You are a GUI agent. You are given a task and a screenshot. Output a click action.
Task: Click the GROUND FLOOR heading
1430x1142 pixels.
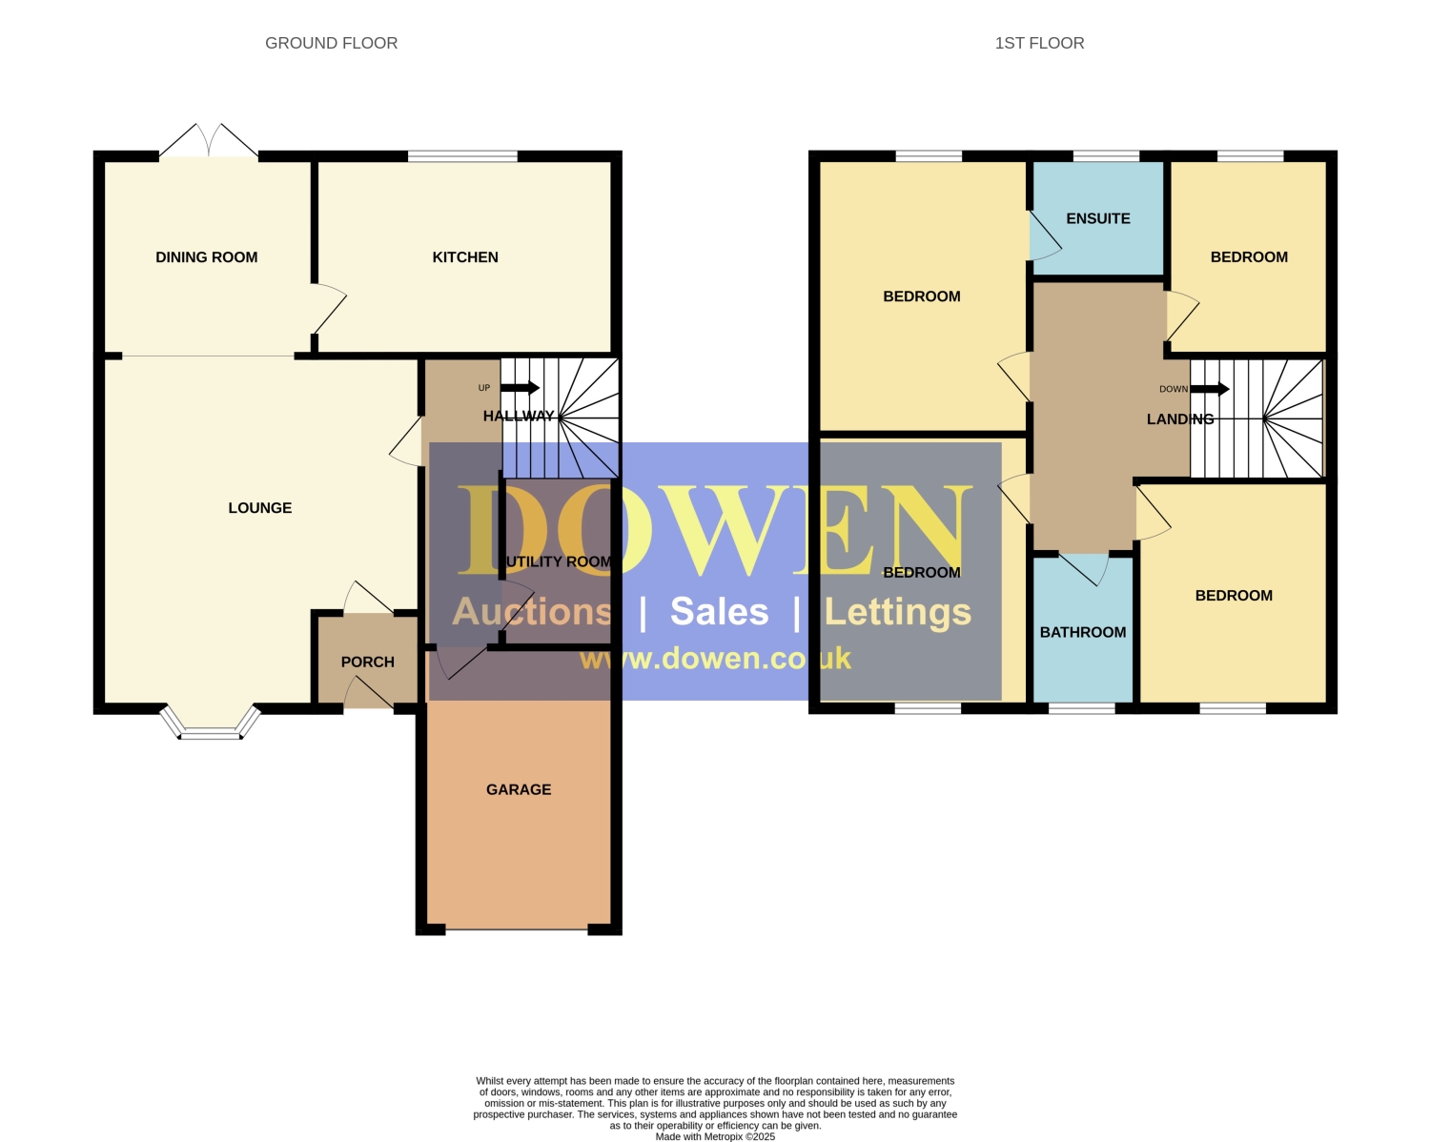point(331,43)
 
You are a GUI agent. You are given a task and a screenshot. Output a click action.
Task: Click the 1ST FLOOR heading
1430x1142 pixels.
point(1039,43)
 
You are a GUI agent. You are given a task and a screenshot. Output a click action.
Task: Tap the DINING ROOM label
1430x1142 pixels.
point(207,257)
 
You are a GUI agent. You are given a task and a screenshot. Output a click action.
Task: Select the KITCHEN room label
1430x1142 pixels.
point(465,257)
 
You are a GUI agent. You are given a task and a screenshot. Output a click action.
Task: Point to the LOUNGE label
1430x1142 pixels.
point(260,507)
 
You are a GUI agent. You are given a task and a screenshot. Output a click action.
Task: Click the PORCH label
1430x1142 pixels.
point(367,662)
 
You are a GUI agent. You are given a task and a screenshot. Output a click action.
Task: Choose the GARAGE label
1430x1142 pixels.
point(519,789)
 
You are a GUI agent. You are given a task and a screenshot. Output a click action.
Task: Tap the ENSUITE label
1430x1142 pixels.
point(1097,218)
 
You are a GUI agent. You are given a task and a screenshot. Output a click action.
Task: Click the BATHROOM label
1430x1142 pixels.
point(1082,632)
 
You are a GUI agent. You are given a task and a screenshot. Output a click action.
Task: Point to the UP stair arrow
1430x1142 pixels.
point(521,387)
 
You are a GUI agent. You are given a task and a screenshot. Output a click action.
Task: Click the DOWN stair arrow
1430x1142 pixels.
point(1210,389)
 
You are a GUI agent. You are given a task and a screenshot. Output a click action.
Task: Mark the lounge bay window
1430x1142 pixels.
point(210,723)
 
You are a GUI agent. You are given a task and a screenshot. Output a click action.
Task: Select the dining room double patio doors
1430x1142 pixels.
point(209,140)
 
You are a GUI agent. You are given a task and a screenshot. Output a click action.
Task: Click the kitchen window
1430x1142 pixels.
point(462,156)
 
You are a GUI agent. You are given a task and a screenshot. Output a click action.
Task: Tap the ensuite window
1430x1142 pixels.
point(1107,156)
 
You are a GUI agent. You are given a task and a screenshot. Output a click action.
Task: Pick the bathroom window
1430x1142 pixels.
point(1082,709)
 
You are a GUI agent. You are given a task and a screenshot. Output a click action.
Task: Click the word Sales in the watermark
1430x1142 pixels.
point(719,611)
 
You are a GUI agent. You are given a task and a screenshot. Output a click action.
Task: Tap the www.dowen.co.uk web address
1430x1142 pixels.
point(715,659)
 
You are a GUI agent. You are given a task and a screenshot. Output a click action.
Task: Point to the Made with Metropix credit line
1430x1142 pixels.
point(715,1136)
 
